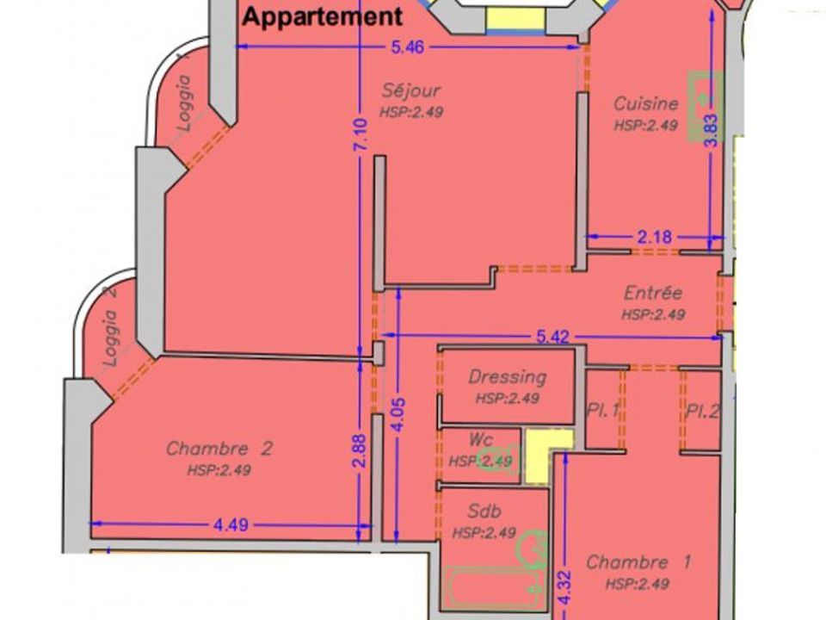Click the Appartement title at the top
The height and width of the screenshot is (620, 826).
coord(323,16)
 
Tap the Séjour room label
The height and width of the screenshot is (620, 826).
coord(411,90)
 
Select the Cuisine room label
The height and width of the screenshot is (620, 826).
coord(646,103)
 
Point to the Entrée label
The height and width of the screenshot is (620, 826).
coord(653,293)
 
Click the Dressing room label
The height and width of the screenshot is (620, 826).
coord(508,377)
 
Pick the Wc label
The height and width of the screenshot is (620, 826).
coord(480,440)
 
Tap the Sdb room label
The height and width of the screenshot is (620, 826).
coord(484,511)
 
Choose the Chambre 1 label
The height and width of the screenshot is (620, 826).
coord(638,562)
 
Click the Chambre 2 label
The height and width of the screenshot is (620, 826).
coord(219,449)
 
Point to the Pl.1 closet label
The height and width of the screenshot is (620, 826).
coord(602,410)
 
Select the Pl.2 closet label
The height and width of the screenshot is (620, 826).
coord(702,410)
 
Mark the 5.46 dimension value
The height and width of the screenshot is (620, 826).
coord(407,47)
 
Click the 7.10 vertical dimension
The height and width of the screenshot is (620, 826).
coord(361,134)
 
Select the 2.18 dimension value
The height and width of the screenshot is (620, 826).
coord(655,238)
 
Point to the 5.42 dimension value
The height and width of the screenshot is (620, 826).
coord(553,337)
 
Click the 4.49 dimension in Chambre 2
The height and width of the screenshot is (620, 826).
coord(231,525)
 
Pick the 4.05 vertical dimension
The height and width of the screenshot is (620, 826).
coord(398,414)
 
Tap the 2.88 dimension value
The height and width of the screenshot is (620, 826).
coord(360,450)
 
